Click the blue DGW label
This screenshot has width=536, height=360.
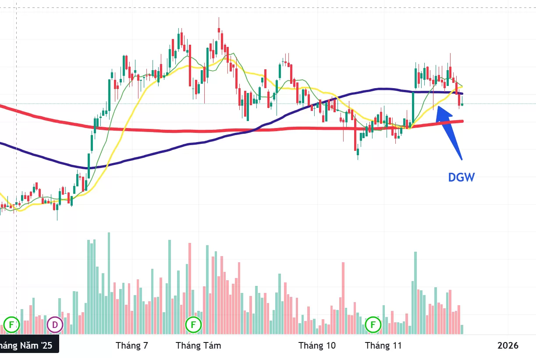pos(461,177)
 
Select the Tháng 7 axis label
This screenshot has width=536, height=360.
pos(132,346)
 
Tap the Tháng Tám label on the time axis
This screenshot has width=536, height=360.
pos(199,346)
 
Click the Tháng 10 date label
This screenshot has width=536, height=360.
pos(317,346)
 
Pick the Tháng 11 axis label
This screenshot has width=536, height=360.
pos(383,346)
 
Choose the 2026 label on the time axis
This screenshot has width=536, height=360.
pos(508,346)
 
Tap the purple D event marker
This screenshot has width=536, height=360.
pos(55,325)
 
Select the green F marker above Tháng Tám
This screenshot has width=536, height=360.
pos(193,325)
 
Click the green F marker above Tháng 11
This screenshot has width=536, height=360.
pos(373,325)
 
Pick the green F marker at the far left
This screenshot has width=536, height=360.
pos(11,325)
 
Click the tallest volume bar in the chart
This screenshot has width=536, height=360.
pos(109,283)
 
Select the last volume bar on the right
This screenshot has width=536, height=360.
pos(461,330)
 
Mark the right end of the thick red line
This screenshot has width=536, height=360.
pos(462,121)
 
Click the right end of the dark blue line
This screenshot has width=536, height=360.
pos(462,93)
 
